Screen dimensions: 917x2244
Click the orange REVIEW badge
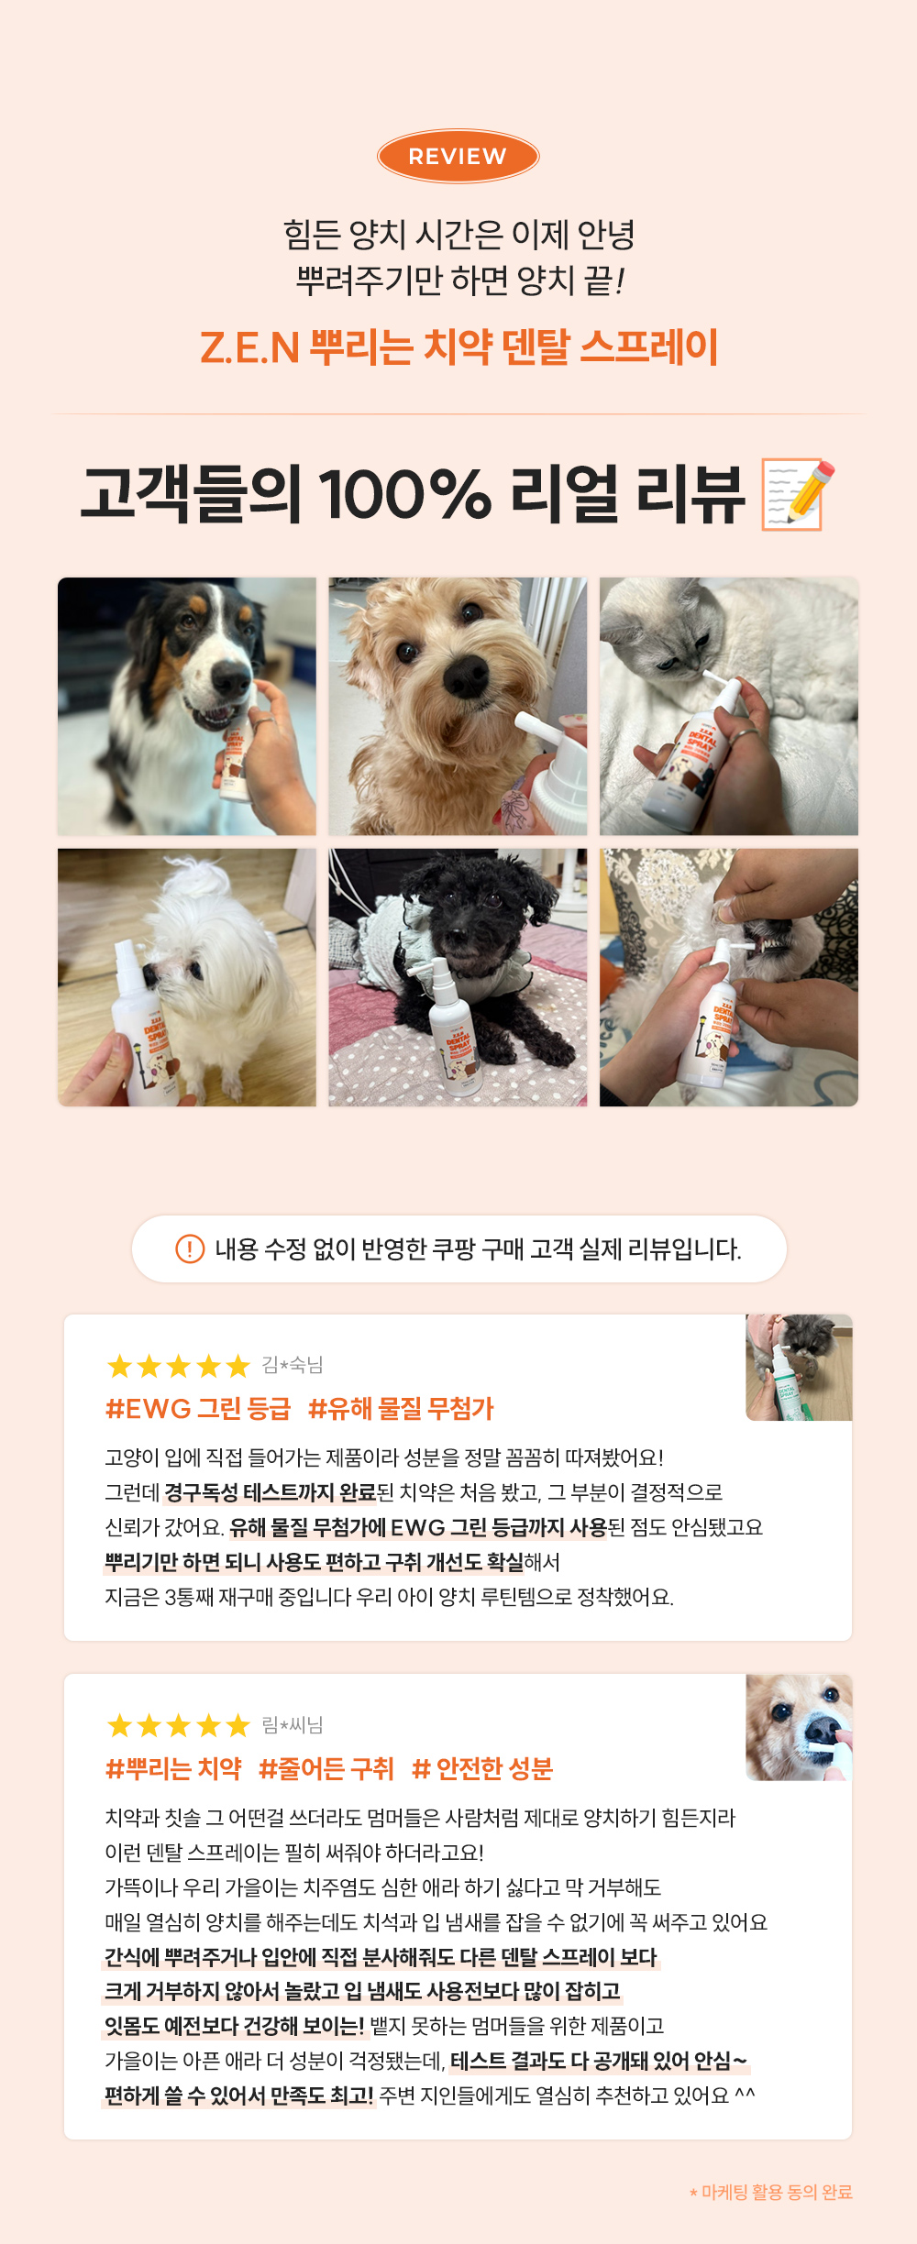pos(458,156)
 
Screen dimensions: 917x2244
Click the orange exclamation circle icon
pos(190,1248)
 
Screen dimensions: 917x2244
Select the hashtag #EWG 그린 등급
pos(198,1408)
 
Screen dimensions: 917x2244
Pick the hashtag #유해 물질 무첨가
pos(401,1408)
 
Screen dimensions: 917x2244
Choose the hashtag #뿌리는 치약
pos(173,1768)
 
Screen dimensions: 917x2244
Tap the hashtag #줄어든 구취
pos(326,1768)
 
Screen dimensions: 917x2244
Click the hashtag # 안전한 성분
pos(482,1768)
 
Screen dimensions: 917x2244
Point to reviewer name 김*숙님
pos(293,1365)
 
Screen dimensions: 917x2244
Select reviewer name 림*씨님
pos(293,1725)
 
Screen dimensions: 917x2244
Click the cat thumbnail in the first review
pos(799,1368)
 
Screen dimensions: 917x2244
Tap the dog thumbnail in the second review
pos(799,1728)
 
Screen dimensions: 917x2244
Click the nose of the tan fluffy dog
pos(466,676)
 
